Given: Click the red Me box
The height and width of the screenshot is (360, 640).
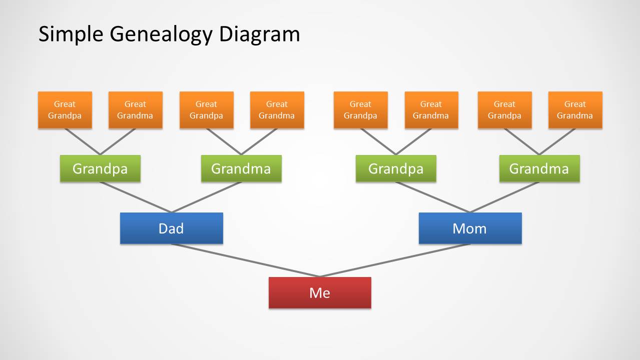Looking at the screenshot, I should pos(320,292).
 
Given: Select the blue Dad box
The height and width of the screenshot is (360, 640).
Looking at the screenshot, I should pos(171,228).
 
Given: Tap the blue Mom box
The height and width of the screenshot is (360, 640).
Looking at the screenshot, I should pos(470,228).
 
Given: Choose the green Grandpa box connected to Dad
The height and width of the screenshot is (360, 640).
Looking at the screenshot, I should pos(100,168).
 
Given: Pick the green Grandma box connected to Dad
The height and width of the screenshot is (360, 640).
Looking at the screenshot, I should pos(241,168).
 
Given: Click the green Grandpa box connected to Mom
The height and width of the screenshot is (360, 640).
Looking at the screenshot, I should pos(396,168).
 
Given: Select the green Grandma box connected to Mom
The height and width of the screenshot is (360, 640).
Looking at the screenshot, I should pos(539,168).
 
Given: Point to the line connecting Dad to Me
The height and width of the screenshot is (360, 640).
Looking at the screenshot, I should pos(245,260).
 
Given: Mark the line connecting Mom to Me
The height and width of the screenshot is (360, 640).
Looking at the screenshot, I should pos(395,260).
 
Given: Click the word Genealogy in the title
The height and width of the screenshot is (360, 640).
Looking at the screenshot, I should pos(162,34).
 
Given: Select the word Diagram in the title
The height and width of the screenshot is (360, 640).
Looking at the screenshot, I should pos(259,34).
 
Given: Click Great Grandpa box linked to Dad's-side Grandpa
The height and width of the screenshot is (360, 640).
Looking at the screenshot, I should pos(65,110).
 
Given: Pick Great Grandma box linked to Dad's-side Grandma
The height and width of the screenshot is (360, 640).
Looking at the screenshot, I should pos(277,110).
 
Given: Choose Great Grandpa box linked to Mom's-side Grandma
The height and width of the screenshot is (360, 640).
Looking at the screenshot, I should pos(504,110).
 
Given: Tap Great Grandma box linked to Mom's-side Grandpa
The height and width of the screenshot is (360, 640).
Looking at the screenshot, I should pos(431,110).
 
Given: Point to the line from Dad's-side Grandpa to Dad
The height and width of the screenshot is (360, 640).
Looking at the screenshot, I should pos(136,197).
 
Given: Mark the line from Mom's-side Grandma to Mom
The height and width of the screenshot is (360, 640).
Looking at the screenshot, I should pos(504,197).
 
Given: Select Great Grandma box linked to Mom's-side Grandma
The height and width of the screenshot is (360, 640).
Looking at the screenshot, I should pos(575,110).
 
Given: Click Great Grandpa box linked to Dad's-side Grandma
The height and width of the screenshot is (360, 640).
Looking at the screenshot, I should pos(206,110).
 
